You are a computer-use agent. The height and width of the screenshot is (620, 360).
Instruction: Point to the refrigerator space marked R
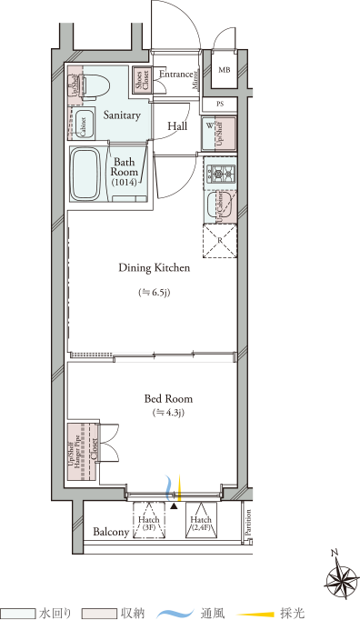[x=219, y=240]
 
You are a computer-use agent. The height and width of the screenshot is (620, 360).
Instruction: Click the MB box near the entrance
[x=225, y=69]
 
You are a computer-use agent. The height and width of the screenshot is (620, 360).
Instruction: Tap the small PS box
[x=218, y=104]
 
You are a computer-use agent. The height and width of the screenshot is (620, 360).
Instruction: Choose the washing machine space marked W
[x=218, y=133]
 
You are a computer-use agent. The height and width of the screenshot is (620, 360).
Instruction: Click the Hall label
[x=177, y=126]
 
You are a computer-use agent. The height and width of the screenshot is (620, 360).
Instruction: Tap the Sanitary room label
[x=121, y=115]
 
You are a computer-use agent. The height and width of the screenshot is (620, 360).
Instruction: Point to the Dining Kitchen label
[x=154, y=267]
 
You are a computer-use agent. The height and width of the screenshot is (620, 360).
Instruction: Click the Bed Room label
[x=169, y=398]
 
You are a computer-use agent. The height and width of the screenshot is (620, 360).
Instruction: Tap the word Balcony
[x=109, y=533]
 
